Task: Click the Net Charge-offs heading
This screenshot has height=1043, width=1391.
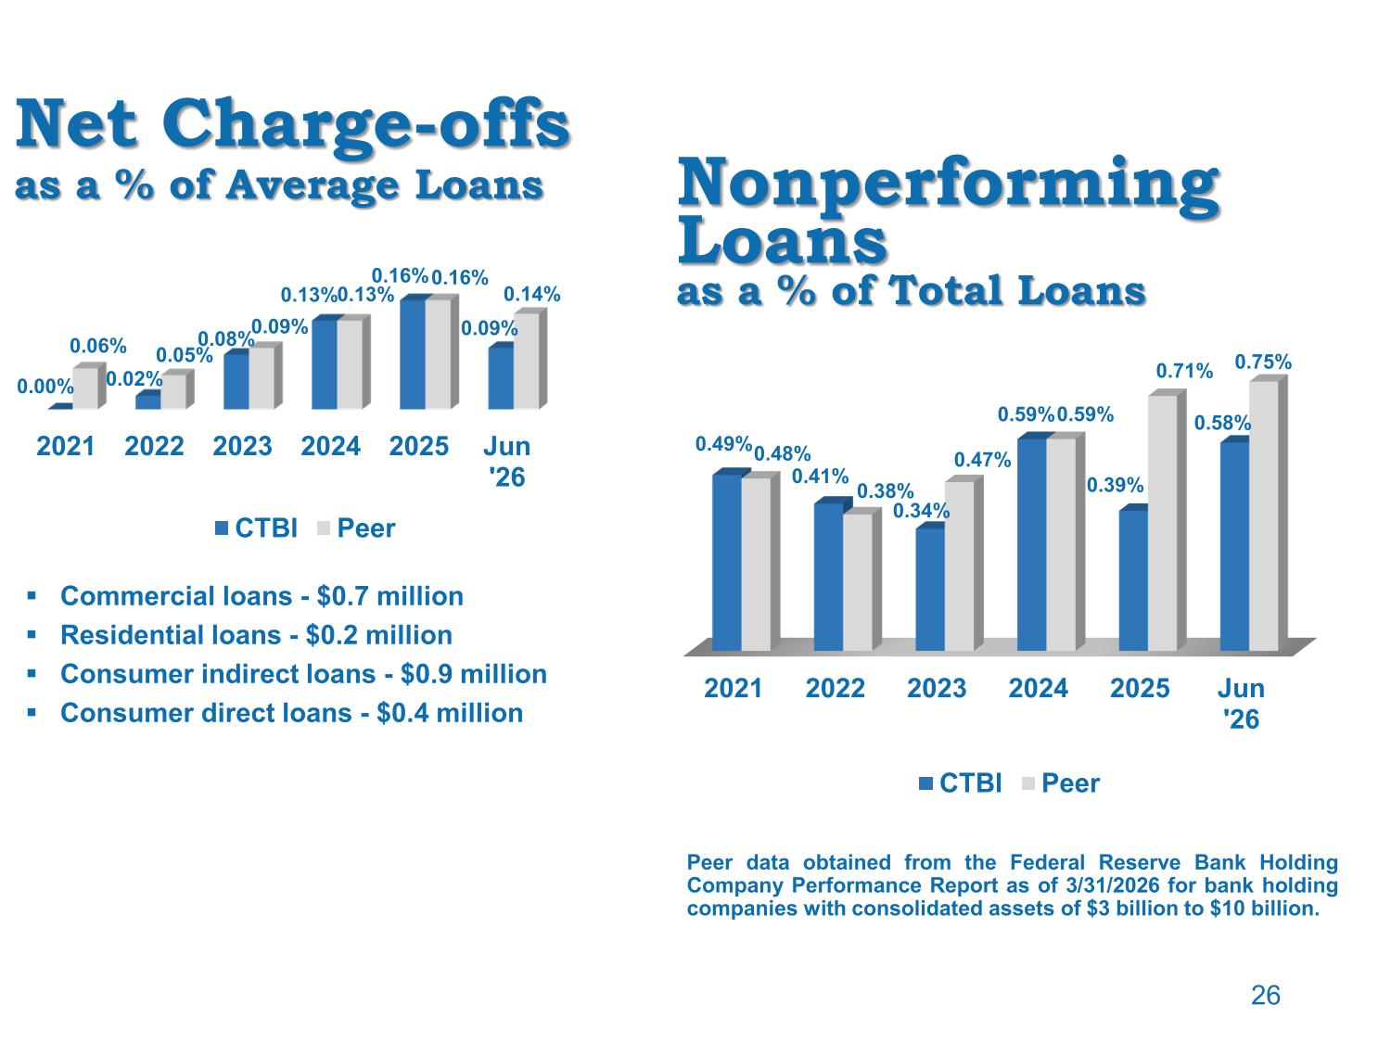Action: click(x=292, y=125)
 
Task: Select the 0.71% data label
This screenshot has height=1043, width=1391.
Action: click(x=1184, y=371)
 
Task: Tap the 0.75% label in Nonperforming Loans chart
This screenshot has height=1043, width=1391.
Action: click(x=1262, y=363)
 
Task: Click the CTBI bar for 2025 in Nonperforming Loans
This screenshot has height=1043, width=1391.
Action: click(x=1133, y=579)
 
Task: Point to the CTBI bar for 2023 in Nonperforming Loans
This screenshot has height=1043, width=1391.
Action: click(x=930, y=588)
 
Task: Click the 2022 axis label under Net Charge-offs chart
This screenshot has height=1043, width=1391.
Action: click(x=154, y=447)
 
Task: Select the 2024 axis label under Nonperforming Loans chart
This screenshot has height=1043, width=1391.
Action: click(x=1038, y=688)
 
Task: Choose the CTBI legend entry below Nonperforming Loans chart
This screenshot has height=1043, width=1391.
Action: click(x=960, y=783)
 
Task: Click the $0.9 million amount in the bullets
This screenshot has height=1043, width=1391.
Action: click(x=473, y=674)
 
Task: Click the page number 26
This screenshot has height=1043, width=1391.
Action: click(x=1265, y=996)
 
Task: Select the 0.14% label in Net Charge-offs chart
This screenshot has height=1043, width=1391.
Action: click(x=531, y=295)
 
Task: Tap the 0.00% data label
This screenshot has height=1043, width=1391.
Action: click(x=45, y=387)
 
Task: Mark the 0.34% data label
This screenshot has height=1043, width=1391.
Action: click(x=921, y=511)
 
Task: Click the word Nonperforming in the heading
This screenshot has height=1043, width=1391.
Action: click(x=948, y=184)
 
